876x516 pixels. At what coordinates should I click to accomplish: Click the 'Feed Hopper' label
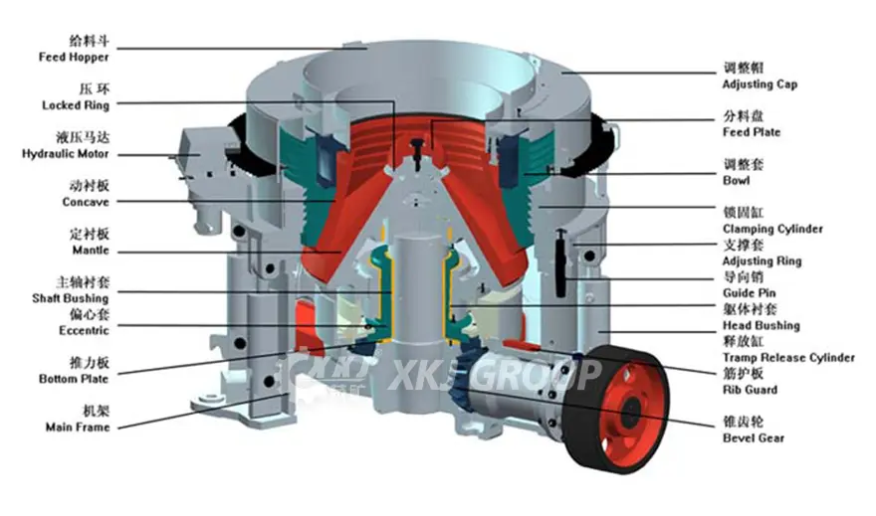pos(74,57)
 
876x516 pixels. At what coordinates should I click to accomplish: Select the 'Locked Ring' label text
pos(76,105)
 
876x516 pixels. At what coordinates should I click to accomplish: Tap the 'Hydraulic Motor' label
pos(66,154)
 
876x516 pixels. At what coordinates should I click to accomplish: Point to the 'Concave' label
pos(86,202)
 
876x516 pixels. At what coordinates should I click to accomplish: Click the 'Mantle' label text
pos(91,251)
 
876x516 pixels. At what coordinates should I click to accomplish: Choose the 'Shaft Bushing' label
pos(71,298)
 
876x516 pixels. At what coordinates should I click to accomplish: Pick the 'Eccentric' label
pos(84,331)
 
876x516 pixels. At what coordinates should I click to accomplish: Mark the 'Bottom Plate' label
pos(74,380)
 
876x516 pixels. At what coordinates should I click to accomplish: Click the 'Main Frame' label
pos(78,428)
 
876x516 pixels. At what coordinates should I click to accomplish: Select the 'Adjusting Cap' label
pos(760,85)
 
